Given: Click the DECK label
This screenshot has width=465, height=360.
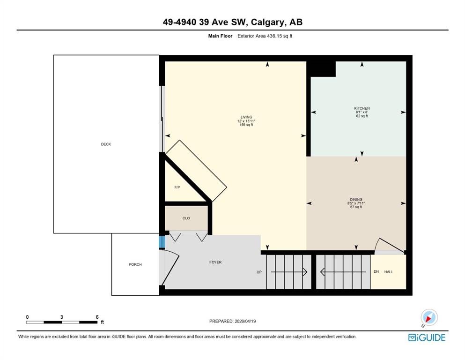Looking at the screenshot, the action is click(x=106, y=144).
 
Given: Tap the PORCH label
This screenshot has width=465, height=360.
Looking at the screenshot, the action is click(x=135, y=264).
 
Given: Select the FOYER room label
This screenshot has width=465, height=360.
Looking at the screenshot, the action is click(x=215, y=262).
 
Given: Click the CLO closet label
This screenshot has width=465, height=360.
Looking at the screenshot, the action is click(x=186, y=218).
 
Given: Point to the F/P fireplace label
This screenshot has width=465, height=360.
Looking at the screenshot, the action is click(x=177, y=187).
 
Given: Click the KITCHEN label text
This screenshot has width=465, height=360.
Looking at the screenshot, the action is click(x=362, y=108).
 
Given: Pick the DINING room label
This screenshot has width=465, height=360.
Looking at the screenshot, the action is click(x=356, y=199).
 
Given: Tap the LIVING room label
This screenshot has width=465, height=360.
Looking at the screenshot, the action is click(x=246, y=117).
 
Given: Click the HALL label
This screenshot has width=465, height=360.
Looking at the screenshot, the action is click(x=389, y=272).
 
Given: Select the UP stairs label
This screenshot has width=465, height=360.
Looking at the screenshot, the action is click(x=259, y=272).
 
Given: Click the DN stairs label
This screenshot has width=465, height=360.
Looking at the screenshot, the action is click(x=376, y=271).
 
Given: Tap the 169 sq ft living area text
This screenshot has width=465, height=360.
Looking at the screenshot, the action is click(x=246, y=125).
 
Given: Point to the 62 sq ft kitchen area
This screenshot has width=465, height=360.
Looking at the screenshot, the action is click(x=362, y=116).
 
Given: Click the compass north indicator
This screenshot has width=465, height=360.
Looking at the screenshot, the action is click(x=429, y=317).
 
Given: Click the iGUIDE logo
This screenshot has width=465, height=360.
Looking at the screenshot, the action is click(x=427, y=338).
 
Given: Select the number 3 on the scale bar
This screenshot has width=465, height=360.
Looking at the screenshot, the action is click(x=62, y=317).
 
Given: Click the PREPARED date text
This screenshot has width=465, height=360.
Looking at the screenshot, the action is click(x=232, y=321).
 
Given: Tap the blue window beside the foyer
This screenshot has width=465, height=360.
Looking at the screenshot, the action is click(x=162, y=242).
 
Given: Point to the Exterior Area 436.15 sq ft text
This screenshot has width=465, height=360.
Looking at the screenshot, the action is click(x=265, y=36).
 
